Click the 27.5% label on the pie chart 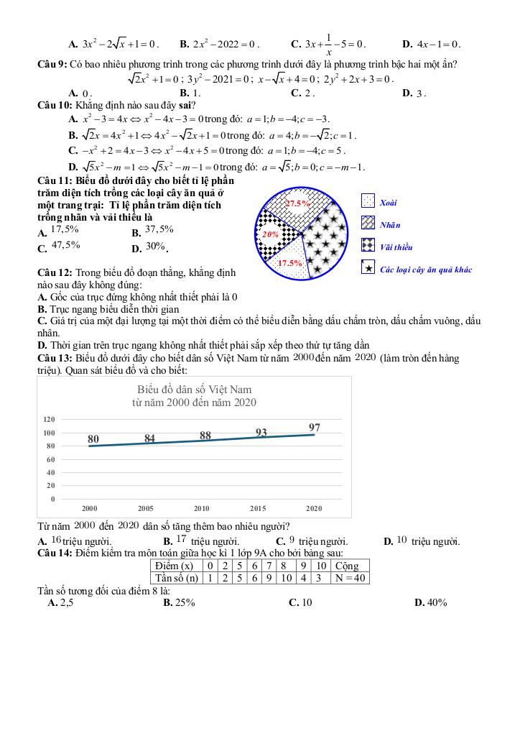[297, 203]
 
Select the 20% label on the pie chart [271, 234]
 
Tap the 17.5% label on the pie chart [290, 263]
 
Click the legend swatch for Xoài [368, 202]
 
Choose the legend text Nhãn [390, 225]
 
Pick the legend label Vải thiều [396, 247]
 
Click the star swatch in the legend [368, 268]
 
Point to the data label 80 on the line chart [93, 438]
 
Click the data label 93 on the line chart [261, 432]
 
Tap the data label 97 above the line [315, 428]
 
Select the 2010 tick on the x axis [202, 508]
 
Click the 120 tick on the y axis [49, 419]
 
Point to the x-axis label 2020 [314, 508]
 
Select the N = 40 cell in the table [350, 578]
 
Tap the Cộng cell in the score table [347, 566]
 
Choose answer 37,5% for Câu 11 [159, 230]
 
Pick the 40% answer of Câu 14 [436, 602]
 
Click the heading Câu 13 [54, 358]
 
